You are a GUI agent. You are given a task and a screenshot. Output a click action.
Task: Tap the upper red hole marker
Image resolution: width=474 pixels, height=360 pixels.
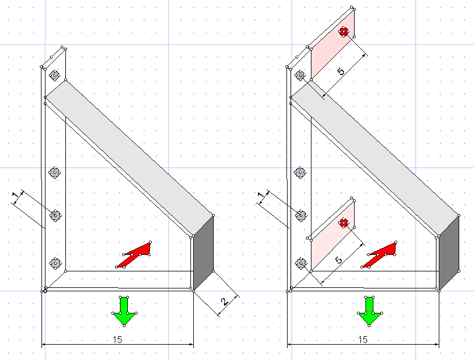point(343,31)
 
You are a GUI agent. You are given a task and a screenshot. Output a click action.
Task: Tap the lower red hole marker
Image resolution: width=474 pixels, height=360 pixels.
point(343,223)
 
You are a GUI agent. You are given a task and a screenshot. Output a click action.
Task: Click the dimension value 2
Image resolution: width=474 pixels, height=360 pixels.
point(224,302)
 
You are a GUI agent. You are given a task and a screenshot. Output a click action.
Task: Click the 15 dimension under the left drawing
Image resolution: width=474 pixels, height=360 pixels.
point(117,340)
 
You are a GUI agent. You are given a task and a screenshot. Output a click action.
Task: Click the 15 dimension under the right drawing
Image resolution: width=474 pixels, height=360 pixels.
point(363,340)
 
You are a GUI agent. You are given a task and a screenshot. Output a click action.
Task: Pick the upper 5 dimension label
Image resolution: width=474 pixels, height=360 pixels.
point(340,72)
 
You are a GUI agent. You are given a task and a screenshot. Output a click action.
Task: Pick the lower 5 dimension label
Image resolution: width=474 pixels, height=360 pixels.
point(339,260)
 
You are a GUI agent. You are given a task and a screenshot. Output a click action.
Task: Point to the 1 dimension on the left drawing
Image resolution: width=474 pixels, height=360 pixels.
point(15,194)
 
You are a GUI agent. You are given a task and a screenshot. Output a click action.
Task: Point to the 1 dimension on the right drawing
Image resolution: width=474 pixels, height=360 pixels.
point(261,195)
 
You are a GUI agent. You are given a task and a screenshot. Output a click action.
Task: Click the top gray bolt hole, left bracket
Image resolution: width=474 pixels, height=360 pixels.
point(55,75)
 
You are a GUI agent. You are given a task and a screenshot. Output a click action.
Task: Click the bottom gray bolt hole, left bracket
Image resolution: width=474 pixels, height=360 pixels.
point(55,263)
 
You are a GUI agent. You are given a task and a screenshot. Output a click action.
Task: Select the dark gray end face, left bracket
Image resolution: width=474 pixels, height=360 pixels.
point(203,253)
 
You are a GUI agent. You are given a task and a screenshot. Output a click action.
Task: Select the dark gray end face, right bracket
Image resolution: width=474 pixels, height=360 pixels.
point(449,253)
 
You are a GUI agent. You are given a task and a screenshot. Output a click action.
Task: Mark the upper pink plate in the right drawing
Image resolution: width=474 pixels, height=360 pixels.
point(332,44)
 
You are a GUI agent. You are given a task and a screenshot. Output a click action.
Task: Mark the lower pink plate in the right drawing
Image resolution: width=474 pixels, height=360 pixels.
point(332,236)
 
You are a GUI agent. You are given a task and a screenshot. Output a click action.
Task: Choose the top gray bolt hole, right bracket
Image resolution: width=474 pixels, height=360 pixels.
point(300,75)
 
